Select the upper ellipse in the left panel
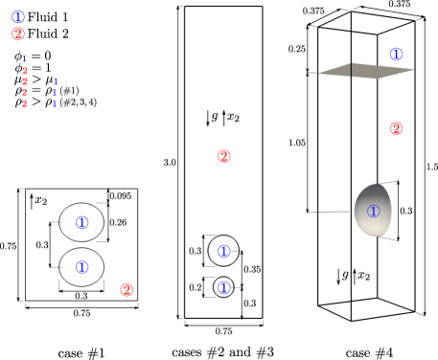[x=81, y=222]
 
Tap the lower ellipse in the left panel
[x=81, y=266]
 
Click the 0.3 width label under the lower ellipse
[x=81, y=296]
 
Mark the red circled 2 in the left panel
[x=126, y=289]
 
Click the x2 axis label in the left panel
[x=40, y=200]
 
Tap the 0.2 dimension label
[x=195, y=287]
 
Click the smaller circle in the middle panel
[x=224, y=287]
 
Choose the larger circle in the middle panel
[x=224, y=251]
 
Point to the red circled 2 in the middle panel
[x=224, y=156]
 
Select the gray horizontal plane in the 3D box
[x=368, y=70]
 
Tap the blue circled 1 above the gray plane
[x=397, y=54]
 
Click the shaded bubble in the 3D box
[x=374, y=211]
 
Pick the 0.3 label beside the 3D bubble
[x=406, y=210]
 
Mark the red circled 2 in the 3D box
[x=397, y=128]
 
